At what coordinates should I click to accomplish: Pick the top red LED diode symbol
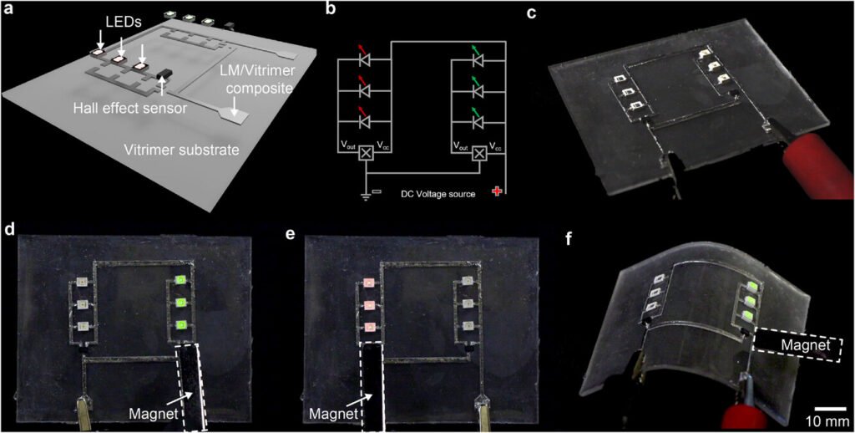click(363, 59)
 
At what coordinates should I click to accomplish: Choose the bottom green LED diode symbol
click(478, 121)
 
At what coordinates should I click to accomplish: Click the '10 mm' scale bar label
click(826, 418)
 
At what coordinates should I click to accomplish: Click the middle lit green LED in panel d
click(180, 303)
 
